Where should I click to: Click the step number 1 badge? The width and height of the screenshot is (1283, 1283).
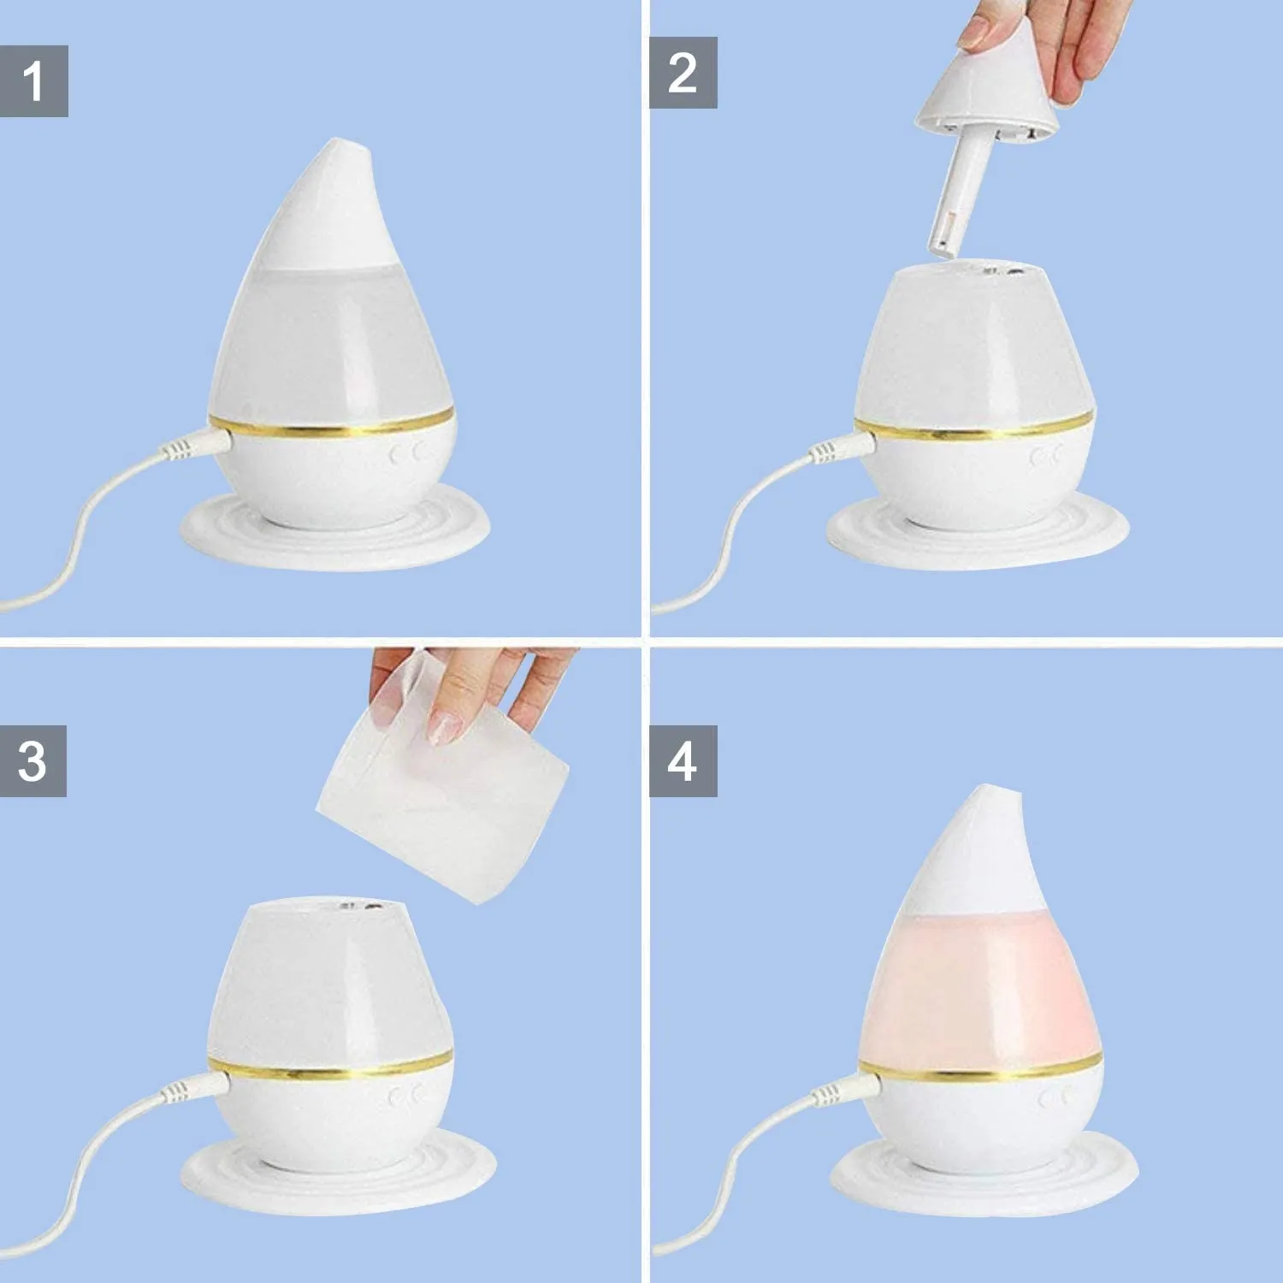[33, 81]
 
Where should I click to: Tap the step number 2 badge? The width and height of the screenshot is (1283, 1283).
[683, 73]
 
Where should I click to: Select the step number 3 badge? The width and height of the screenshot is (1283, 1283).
[33, 761]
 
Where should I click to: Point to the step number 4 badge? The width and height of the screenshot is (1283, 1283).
[683, 761]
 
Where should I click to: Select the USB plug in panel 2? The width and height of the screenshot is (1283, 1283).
[843, 447]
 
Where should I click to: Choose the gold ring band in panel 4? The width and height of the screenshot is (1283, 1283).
[979, 1069]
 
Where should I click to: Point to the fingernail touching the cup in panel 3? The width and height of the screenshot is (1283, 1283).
[444, 727]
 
